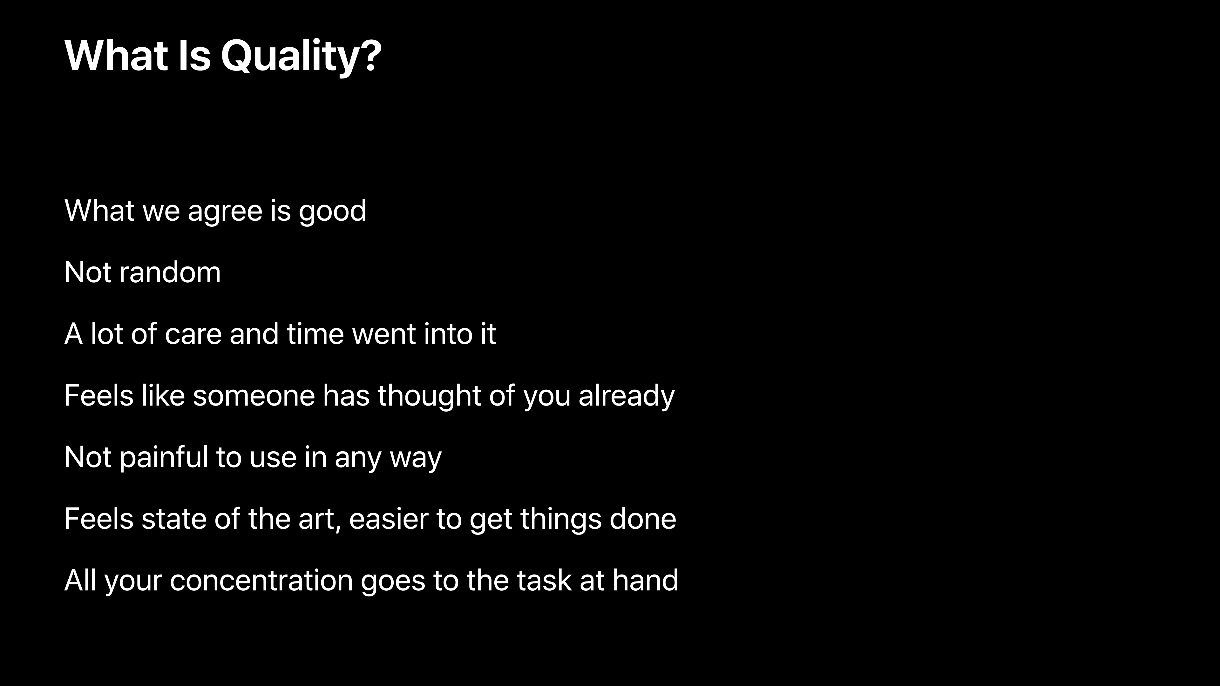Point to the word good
[x=332, y=211]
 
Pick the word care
[x=193, y=335]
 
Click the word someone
[x=254, y=396]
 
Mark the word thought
[x=429, y=396]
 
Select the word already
[x=627, y=396]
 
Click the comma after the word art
[x=338, y=528]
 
